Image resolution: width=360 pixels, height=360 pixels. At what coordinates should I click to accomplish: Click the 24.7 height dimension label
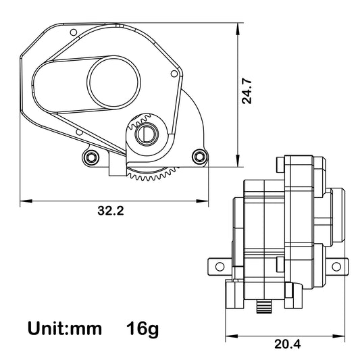click(247, 91)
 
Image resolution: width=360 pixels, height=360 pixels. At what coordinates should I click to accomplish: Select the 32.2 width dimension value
click(111, 211)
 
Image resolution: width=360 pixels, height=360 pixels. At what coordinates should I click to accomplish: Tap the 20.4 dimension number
click(288, 344)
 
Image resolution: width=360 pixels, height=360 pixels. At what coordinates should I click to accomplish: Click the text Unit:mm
click(65, 329)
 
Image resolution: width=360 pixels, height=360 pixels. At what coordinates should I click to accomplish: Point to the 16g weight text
click(143, 329)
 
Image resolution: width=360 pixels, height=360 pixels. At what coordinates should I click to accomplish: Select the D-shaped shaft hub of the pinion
click(146, 134)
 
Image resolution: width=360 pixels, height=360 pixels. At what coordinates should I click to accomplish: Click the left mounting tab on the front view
click(218, 264)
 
